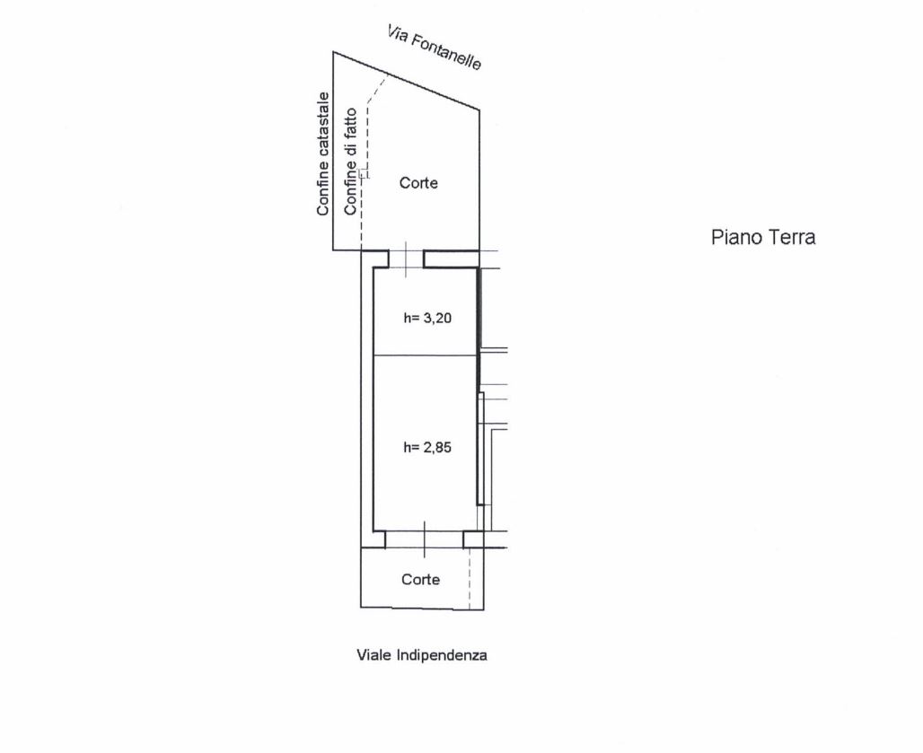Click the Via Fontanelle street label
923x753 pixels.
pos(435,49)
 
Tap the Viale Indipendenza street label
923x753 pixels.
pos(422,656)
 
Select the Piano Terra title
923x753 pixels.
pos(763,238)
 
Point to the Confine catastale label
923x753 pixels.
pos(323,153)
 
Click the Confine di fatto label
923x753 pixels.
pos(351,162)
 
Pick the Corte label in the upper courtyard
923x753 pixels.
pos(419,183)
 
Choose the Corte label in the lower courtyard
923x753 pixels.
pos(420,580)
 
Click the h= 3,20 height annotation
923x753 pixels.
pos(426,317)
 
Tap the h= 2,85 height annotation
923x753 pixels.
pos(426,446)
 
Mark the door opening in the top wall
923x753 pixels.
pos(406,259)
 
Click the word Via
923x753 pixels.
pos(397,34)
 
